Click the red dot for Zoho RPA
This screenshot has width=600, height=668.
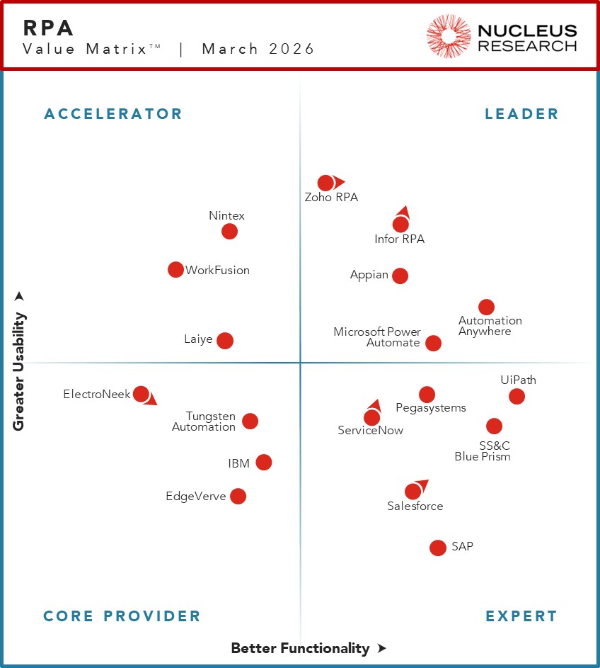pyautogui.click(x=325, y=183)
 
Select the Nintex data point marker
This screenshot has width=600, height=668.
pyautogui.click(x=229, y=232)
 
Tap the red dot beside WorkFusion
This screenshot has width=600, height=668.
pyautogui.click(x=175, y=269)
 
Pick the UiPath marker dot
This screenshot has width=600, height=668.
pyautogui.click(x=517, y=396)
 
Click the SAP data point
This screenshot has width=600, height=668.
pyautogui.click(x=438, y=548)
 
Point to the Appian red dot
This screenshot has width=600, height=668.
pyautogui.click(x=400, y=276)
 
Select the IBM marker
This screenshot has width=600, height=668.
pyautogui.click(x=263, y=463)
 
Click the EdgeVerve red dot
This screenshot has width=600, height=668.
pyautogui.click(x=238, y=496)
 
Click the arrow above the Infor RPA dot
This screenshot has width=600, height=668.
pyautogui.click(x=403, y=211)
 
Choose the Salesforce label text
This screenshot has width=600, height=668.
pyautogui.click(x=415, y=506)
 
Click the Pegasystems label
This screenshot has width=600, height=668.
pyautogui.click(x=430, y=408)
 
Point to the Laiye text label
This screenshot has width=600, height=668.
pyautogui.click(x=198, y=339)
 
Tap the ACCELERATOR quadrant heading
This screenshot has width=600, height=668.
pyautogui.click(x=113, y=114)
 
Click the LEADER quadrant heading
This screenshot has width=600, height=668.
pyautogui.click(x=521, y=114)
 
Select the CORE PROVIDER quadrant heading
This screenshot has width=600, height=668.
pyautogui.click(x=122, y=616)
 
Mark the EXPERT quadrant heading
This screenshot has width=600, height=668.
pyautogui.click(x=521, y=616)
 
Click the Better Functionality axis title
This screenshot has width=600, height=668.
pyautogui.click(x=300, y=648)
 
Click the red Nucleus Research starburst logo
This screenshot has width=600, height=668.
pyautogui.click(x=449, y=36)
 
